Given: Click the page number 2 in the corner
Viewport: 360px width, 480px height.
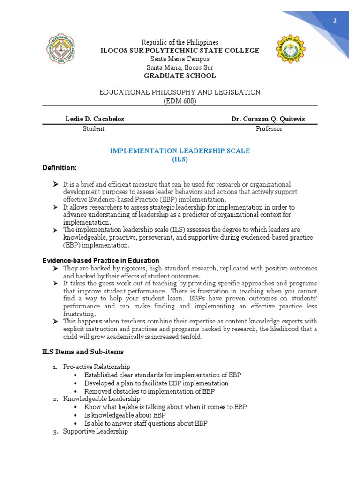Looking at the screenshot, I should [x=335, y=21].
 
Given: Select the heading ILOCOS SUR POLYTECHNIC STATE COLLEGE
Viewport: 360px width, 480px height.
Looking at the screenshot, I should [x=180, y=51].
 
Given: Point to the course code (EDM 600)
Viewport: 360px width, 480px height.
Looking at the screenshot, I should [x=180, y=101].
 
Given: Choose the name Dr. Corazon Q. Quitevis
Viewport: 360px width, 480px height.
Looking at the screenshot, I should [x=268, y=119].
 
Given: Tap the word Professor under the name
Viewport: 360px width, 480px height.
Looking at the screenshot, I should [x=269, y=129].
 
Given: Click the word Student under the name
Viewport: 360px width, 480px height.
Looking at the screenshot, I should [x=94, y=129].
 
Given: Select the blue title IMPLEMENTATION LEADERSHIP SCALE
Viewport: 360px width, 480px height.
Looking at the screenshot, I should [x=180, y=151].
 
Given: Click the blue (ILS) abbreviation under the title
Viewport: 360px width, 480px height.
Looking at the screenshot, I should [x=180, y=159].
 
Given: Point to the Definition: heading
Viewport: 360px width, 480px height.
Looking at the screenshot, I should [x=59, y=168].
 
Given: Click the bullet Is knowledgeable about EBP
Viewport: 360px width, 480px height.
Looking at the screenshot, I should [x=125, y=415].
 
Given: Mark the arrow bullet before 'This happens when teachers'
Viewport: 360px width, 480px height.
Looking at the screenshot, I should [x=55, y=321].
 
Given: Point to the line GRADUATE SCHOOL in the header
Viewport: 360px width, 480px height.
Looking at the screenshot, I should [x=180, y=75].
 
